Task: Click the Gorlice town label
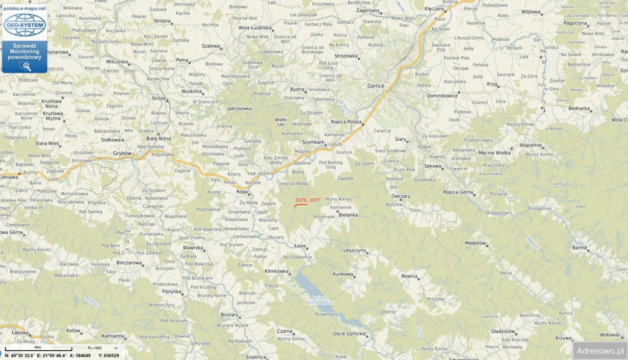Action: click(x=376, y=85)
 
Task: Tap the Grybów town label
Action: click(x=123, y=153)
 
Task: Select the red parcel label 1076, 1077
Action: click(x=308, y=200)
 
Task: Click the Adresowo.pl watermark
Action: click(x=600, y=351)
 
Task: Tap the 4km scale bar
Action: click(x=38, y=349)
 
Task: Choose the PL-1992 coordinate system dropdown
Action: click(x=103, y=348)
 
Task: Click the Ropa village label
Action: click(x=242, y=192)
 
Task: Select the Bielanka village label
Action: click(x=348, y=215)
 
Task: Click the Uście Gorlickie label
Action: click(x=349, y=334)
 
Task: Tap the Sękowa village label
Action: click(x=433, y=166)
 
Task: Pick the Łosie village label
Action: click(x=300, y=246)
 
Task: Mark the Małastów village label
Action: click(x=475, y=243)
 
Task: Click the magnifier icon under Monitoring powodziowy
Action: click(x=25, y=66)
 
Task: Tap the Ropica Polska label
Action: click(x=346, y=122)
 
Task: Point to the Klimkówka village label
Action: click(x=277, y=271)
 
